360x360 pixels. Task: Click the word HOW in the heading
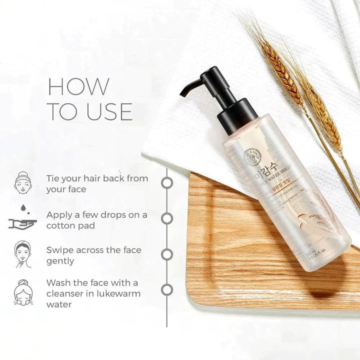pyautogui.click(x=78, y=86)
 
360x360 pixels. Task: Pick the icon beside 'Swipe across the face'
pyautogui.click(x=23, y=254)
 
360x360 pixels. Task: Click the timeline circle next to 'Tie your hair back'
pyautogui.click(x=167, y=182)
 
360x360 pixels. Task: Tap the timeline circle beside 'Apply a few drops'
pyautogui.click(x=167, y=218)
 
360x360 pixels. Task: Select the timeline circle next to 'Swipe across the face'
pyautogui.click(x=167, y=254)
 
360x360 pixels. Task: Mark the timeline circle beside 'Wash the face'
pyautogui.click(x=167, y=289)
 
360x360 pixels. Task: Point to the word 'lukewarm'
pyautogui.click(x=117, y=293)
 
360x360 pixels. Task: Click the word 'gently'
pyautogui.click(x=60, y=261)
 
